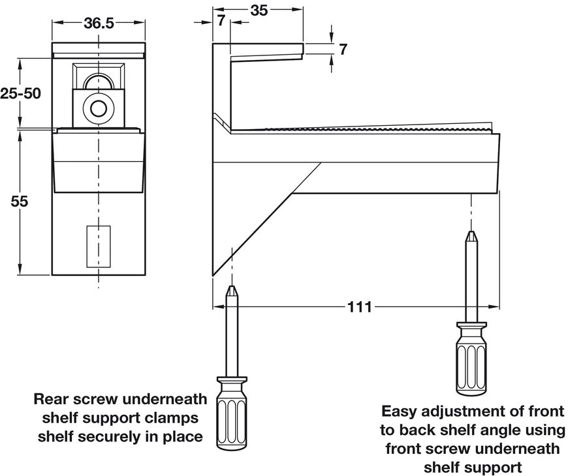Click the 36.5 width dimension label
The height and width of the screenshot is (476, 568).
pyautogui.click(x=99, y=23)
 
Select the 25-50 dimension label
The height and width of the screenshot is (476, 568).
pyautogui.click(x=20, y=93)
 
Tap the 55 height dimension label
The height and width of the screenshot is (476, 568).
pyautogui.click(x=20, y=201)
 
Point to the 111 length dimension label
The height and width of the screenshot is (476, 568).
pyautogui.click(x=359, y=306)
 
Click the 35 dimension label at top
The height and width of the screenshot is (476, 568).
pyautogui.click(x=259, y=10)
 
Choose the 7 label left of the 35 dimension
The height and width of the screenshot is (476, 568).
pyautogui.click(x=221, y=21)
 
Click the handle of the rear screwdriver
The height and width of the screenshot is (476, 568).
pyautogui.click(x=232, y=411)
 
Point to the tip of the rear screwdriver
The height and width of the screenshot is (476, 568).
pyautogui.click(x=232, y=288)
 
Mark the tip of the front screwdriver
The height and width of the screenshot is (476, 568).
pyautogui.click(x=470, y=233)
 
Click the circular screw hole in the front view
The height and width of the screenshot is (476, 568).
pyautogui.click(x=99, y=108)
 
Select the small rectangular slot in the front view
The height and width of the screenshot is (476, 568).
pyautogui.click(x=99, y=246)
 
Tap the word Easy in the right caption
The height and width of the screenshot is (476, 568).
pyautogui.click(x=398, y=412)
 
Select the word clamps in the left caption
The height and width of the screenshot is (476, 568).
pyautogui.click(x=170, y=417)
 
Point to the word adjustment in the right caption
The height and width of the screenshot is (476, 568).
pyautogui.click(x=465, y=412)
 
